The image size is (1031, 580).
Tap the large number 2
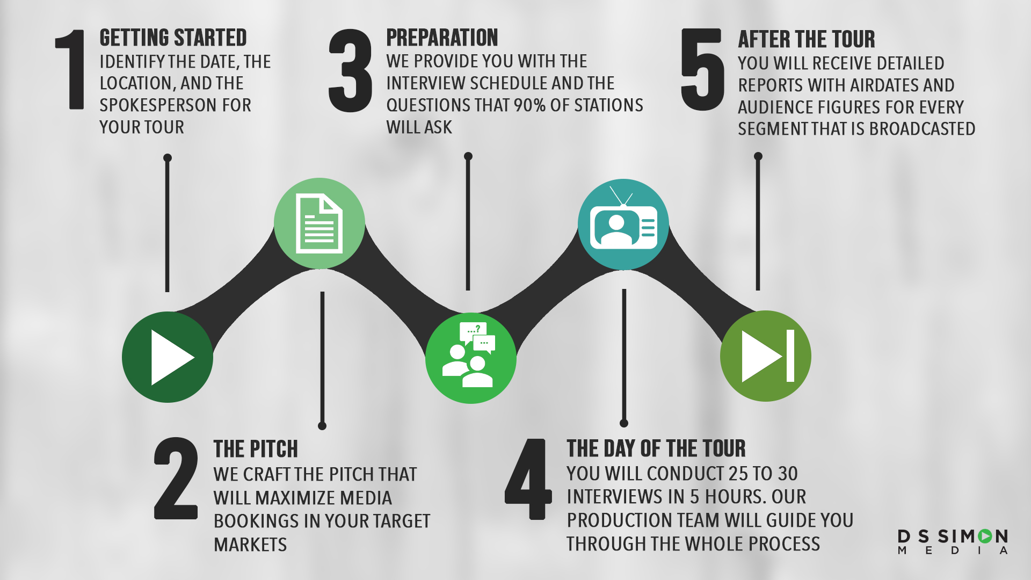pos(176,479)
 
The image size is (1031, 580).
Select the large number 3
pos(350,70)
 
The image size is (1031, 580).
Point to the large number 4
pos(528,479)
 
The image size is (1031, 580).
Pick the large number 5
pos(702,69)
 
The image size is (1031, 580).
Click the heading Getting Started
pos(173,38)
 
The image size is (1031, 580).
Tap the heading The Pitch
pos(256,449)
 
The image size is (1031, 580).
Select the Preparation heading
pos(442,38)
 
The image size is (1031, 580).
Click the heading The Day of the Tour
pos(656,448)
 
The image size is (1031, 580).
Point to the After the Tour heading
pos(806,40)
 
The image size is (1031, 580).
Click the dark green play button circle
pos(168,357)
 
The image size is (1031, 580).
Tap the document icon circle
pos(320,223)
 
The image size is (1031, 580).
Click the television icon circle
pos(623,224)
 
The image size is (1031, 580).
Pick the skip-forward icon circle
pos(766,356)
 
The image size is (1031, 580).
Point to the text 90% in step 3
pos(529,105)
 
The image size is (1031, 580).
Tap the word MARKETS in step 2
pos(250,545)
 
